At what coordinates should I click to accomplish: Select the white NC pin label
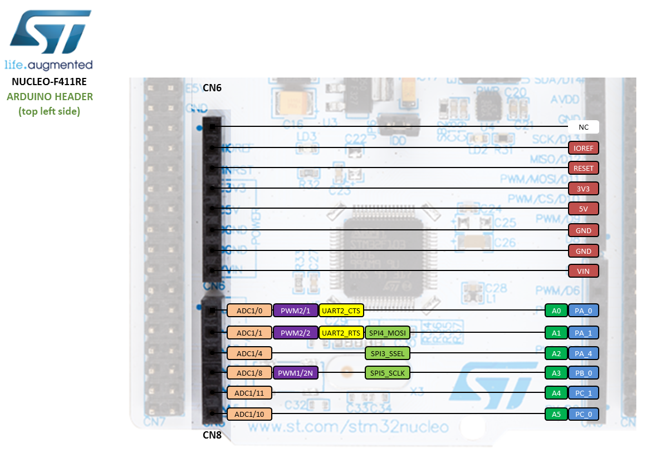click(583, 127)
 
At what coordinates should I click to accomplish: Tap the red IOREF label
click(583, 148)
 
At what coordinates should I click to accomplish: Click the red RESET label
click(583, 168)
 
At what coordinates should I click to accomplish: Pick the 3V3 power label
click(583, 189)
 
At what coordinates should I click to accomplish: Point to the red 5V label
click(583, 209)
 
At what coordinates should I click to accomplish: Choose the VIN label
click(583, 271)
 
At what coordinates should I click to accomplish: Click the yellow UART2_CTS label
click(341, 311)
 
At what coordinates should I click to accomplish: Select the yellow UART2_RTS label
click(341, 333)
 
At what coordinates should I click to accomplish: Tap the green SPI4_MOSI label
click(388, 333)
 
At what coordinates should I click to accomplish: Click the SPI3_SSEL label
click(388, 353)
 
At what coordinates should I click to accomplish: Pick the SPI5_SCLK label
click(388, 373)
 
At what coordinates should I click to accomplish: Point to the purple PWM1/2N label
click(295, 373)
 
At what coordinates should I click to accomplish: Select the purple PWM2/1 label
click(295, 311)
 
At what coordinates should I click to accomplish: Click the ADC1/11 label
click(249, 393)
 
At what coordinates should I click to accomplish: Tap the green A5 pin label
click(556, 414)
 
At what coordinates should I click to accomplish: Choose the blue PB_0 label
click(583, 373)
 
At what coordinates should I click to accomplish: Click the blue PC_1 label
click(583, 393)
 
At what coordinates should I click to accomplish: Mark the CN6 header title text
click(212, 87)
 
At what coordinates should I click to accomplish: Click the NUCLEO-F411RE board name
click(49, 82)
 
